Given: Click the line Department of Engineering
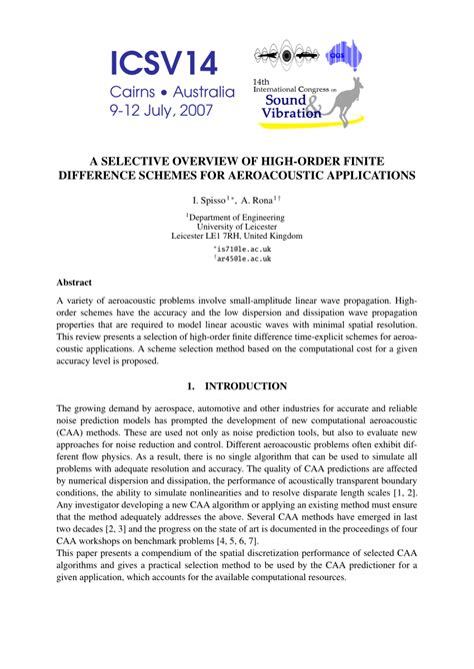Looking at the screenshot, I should pos(237,216).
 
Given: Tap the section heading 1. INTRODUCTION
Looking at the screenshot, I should pos(237,385).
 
